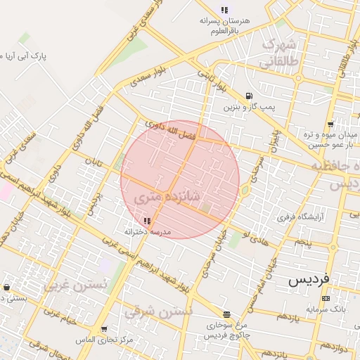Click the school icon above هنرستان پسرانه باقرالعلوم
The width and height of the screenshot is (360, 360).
(x=224, y=10)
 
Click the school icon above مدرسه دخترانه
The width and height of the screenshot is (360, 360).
(x=147, y=221)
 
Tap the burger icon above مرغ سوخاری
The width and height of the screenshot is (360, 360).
(x=226, y=315)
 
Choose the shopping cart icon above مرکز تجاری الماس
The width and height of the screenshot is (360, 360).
(x=104, y=329)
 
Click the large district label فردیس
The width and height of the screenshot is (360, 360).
(x=308, y=280)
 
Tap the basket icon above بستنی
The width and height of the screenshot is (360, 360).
(x=6, y=288)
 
